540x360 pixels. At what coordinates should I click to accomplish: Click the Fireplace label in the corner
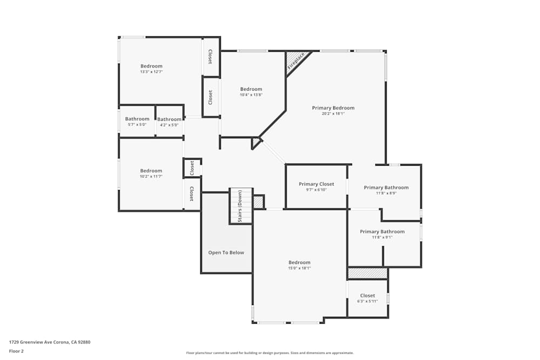[296, 61]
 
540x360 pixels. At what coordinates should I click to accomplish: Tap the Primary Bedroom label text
[333, 108]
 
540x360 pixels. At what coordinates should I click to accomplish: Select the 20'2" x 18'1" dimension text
[333, 114]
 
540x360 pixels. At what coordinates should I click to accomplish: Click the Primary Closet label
[316, 184]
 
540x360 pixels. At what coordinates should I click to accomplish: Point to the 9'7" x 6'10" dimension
[316, 190]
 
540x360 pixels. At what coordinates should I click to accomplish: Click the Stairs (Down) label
[240, 206]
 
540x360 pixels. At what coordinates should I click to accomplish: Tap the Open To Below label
[226, 253]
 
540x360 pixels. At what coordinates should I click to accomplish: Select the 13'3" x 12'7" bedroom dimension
[151, 72]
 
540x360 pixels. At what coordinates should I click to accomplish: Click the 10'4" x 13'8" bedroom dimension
[251, 95]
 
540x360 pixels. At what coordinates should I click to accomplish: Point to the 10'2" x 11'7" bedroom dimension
[151, 176]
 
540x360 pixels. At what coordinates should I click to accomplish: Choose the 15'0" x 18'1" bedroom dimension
[299, 268]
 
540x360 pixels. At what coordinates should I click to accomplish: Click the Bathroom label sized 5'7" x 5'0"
[137, 119]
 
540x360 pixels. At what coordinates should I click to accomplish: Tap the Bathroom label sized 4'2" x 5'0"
[170, 119]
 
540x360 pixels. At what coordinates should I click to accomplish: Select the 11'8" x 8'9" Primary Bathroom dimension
[386, 193]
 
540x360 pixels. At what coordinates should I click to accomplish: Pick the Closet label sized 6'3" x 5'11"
[367, 296]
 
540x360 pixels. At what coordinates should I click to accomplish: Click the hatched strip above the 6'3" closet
[367, 274]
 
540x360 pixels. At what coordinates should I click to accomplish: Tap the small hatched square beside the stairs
[258, 202]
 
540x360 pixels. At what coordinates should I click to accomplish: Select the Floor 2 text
[16, 351]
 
